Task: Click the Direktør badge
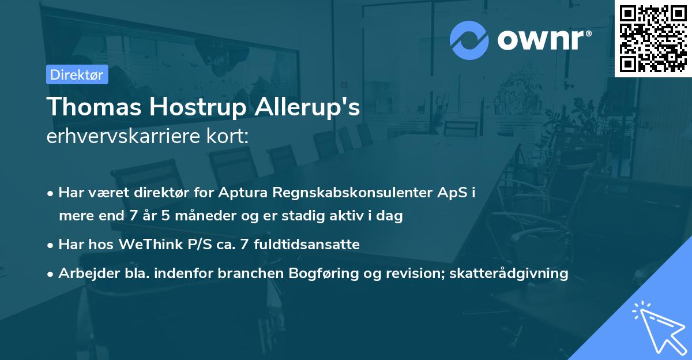pyautogui.click(x=77, y=74)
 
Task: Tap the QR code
pyautogui.click(x=653, y=39)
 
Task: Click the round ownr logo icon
pyautogui.click(x=469, y=40)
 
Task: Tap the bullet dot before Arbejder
pyautogui.click(x=51, y=274)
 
